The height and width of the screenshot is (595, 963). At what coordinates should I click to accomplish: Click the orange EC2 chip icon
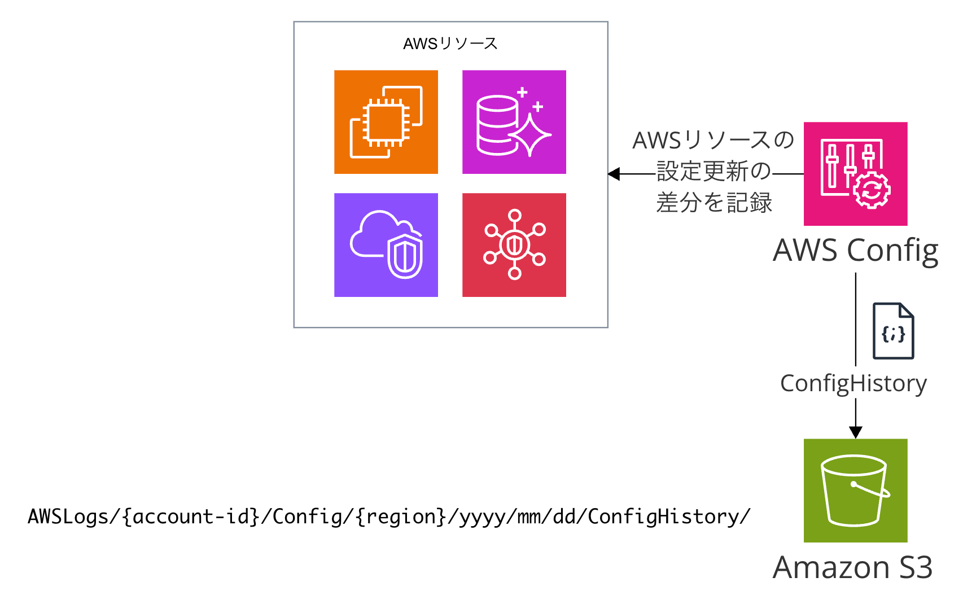click(386, 122)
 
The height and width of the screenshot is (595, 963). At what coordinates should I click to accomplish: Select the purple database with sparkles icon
click(514, 122)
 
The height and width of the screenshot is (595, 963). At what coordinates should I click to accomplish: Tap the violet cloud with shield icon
click(386, 245)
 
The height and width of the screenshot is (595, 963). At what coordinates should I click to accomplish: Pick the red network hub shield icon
click(514, 245)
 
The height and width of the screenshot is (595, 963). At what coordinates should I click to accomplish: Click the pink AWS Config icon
click(855, 174)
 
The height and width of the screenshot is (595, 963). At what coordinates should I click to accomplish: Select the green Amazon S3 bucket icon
click(855, 491)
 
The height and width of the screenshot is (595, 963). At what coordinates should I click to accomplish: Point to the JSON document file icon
click(893, 331)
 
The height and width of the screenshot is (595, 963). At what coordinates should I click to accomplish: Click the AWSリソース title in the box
click(450, 43)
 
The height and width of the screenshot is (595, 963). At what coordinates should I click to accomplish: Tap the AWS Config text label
click(855, 251)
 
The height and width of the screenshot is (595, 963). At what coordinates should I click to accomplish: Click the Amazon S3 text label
click(852, 567)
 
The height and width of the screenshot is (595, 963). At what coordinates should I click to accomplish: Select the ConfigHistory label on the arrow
click(853, 384)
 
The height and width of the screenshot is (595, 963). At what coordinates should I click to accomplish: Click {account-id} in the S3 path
click(191, 517)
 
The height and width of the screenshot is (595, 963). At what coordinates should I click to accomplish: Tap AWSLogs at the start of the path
click(68, 517)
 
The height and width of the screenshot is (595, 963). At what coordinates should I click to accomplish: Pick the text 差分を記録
click(714, 203)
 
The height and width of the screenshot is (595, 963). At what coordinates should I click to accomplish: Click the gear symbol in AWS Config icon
click(872, 191)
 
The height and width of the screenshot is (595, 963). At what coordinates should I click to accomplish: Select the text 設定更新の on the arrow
click(714, 171)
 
